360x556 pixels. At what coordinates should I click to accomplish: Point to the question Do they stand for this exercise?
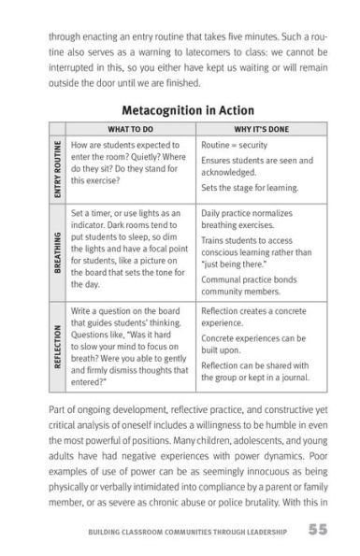pyautogui.click(x=130, y=167)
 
